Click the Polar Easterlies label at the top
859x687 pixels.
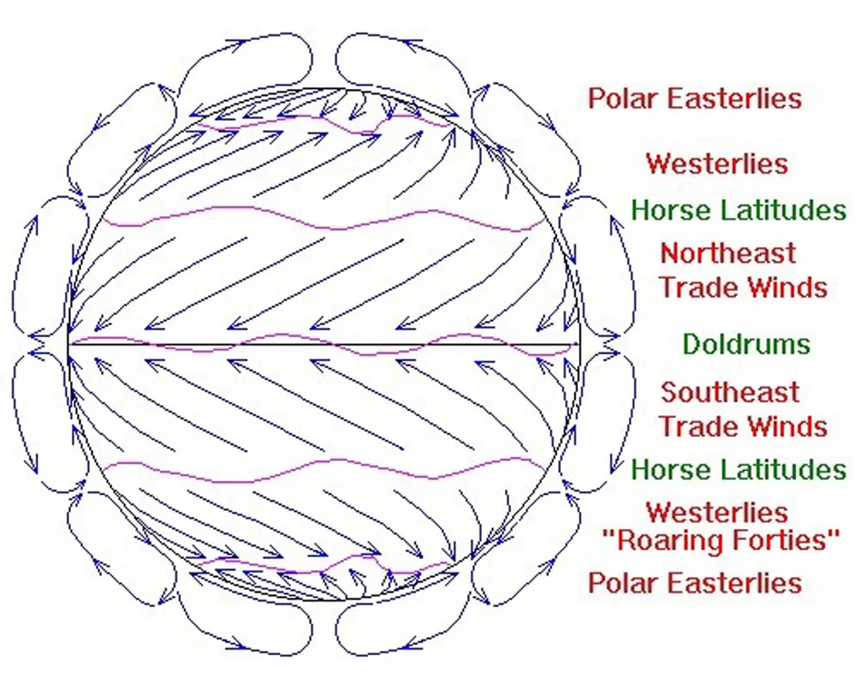click(x=694, y=99)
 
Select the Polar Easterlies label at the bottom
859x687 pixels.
click(x=694, y=582)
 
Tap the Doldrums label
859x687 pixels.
click(x=746, y=344)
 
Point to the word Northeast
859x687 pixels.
click(x=728, y=254)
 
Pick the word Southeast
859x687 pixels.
click(x=730, y=393)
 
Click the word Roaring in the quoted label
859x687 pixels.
click(x=663, y=541)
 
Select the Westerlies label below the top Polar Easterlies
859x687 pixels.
click(x=717, y=164)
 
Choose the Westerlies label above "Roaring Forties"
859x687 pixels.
click(x=717, y=513)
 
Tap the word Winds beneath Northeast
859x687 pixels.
click(x=787, y=287)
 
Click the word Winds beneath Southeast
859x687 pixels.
click(x=787, y=426)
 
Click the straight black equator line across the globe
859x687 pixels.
click(x=324, y=344)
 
